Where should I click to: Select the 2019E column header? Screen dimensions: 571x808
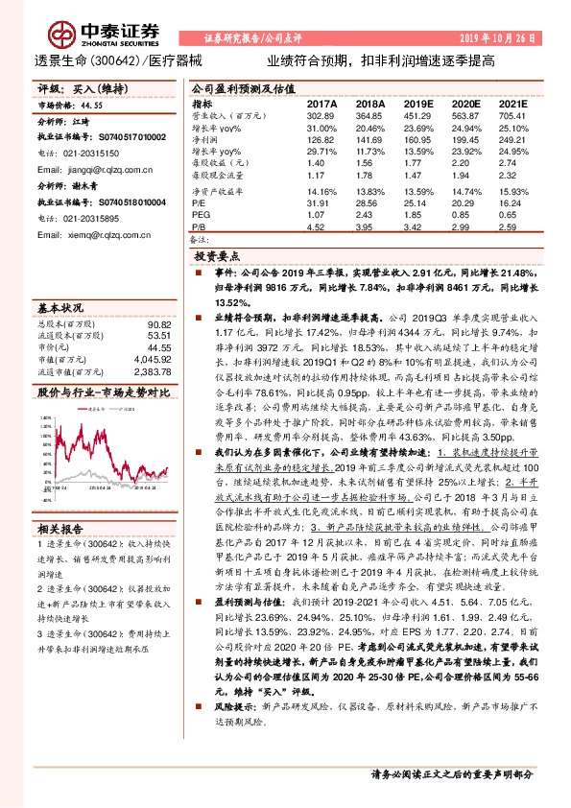point(417,103)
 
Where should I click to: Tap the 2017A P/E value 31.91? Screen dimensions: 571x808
point(319,202)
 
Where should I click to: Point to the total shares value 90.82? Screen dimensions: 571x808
point(159,324)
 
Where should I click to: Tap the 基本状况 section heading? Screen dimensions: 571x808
point(60,308)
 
